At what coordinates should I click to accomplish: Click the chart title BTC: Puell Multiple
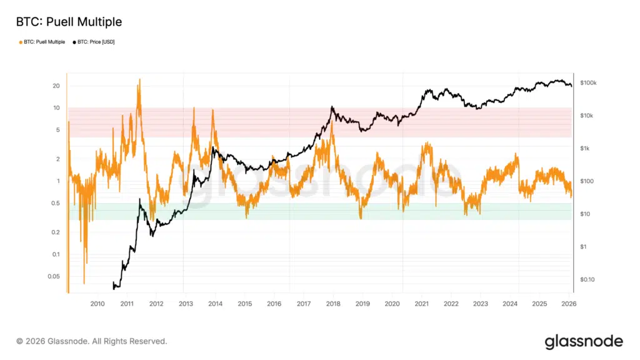[69, 22]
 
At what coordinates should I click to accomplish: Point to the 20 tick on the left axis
[56, 86]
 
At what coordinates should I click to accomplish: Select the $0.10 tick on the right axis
[587, 279]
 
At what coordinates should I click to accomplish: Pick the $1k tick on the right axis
[584, 148]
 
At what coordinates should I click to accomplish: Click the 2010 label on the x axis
[97, 304]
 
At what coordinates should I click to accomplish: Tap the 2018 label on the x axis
[333, 304]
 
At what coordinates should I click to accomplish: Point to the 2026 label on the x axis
[569, 304]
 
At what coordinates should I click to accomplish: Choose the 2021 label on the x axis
[421, 304]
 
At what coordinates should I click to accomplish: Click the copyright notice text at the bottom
[92, 341]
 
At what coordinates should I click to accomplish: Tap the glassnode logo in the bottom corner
[584, 341]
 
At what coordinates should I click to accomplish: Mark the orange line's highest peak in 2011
[139, 79]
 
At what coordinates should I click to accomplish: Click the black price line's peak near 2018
[332, 107]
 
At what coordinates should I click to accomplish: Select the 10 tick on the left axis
[56, 107]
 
